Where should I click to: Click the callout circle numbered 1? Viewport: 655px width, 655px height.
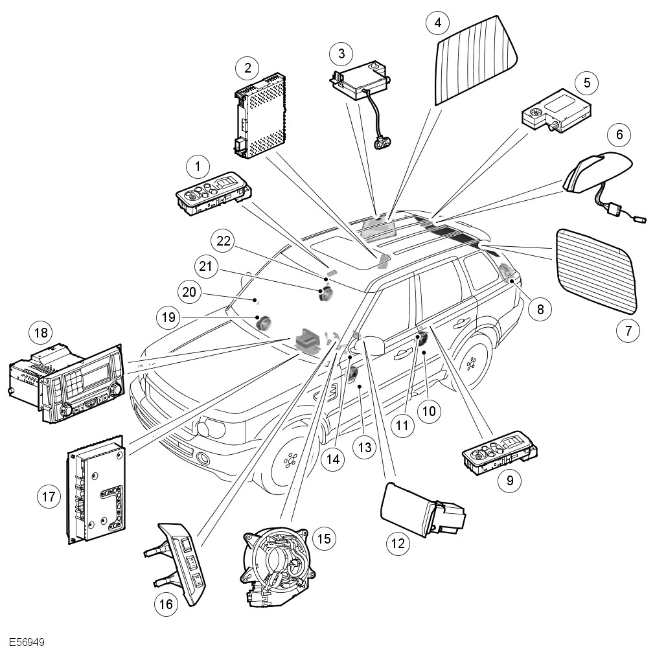point(198,167)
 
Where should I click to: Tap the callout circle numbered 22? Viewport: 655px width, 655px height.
point(224,241)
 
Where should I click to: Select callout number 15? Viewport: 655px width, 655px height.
point(324,538)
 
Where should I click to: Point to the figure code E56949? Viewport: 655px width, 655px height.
point(27,641)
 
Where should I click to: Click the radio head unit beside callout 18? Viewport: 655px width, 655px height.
point(66,383)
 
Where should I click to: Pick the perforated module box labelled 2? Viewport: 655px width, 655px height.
point(260,116)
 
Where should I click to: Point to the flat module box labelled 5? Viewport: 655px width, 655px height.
point(557,110)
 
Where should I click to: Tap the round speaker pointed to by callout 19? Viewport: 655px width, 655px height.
point(264,323)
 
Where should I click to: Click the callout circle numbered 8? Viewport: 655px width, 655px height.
point(540,309)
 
